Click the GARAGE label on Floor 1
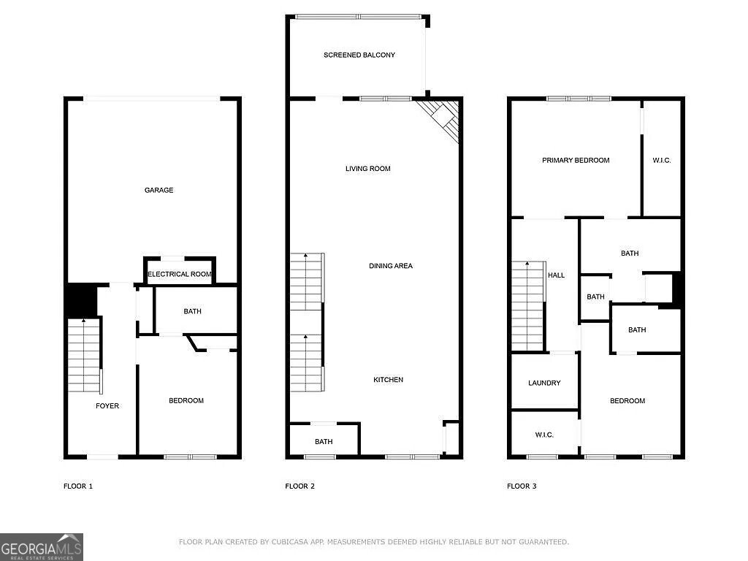point(159,190)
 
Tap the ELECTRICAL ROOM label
point(180,275)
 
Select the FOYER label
point(107,406)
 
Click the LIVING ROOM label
point(368,169)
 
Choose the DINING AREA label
point(390,266)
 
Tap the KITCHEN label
point(388,380)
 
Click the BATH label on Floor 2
point(324,442)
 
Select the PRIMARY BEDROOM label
point(576,160)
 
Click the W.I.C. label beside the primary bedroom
point(661,160)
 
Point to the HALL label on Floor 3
point(557,275)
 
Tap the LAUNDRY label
point(544,383)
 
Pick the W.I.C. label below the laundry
point(544,435)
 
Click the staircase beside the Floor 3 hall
point(528,305)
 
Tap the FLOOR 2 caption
point(299,486)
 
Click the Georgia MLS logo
point(42,546)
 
